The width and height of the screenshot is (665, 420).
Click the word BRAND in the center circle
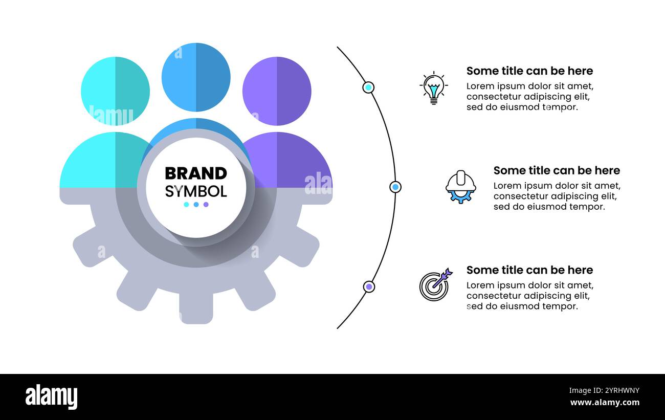(x=196, y=173)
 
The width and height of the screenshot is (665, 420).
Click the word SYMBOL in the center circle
(x=196, y=191)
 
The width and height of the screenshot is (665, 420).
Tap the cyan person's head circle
(x=115, y=91)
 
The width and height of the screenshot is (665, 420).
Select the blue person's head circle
(x=196, y=77)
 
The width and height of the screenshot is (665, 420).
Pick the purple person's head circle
(x=277, y=91)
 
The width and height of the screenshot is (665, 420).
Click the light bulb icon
(x=434, y=88)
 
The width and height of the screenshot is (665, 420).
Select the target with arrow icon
(x=436, y=284)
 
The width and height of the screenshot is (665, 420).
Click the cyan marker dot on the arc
(x=368, y=87)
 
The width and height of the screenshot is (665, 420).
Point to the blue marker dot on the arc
(x=395, y=187)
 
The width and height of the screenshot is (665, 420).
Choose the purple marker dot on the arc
(x=369, y=286)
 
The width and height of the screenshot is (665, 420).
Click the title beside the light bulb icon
(x=529, y=71)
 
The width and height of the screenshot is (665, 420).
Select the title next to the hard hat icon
(x=557, y=171)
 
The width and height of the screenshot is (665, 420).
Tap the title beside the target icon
(x=529, y=270)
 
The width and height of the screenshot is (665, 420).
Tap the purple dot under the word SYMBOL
(x=206, y=205)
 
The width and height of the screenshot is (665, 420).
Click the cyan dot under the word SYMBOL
(x=186, y=205)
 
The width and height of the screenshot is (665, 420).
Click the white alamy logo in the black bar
(x=51, y=396)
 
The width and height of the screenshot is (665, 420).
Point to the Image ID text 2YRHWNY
(x=622, y=390)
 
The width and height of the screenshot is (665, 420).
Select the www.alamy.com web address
(x=605, y=403)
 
